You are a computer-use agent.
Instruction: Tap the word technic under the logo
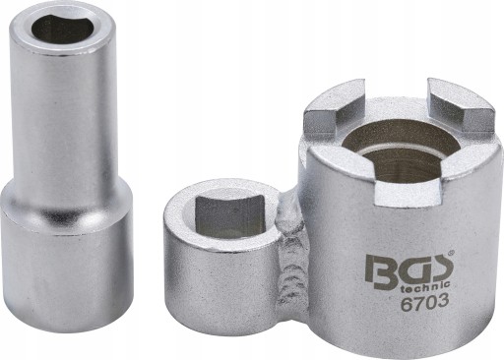click(426, 286)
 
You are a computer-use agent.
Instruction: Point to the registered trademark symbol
click(451, 253)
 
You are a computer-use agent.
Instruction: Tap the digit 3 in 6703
click(443, 302)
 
